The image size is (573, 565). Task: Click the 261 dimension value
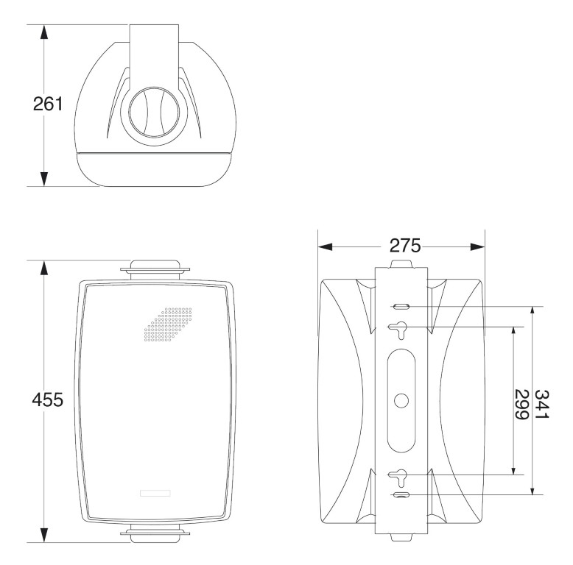tap(48, 104)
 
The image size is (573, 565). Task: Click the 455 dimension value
tap(48, 399)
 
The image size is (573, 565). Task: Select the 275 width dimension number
tap(405, 246)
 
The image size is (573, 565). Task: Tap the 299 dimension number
tap(522, 405)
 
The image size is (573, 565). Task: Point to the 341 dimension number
tap(542, 405)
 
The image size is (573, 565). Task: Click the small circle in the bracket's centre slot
tap(401, 400)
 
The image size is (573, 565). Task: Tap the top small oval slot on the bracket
tap(401, 307)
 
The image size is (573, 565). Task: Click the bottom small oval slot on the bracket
tap(401, 494)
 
